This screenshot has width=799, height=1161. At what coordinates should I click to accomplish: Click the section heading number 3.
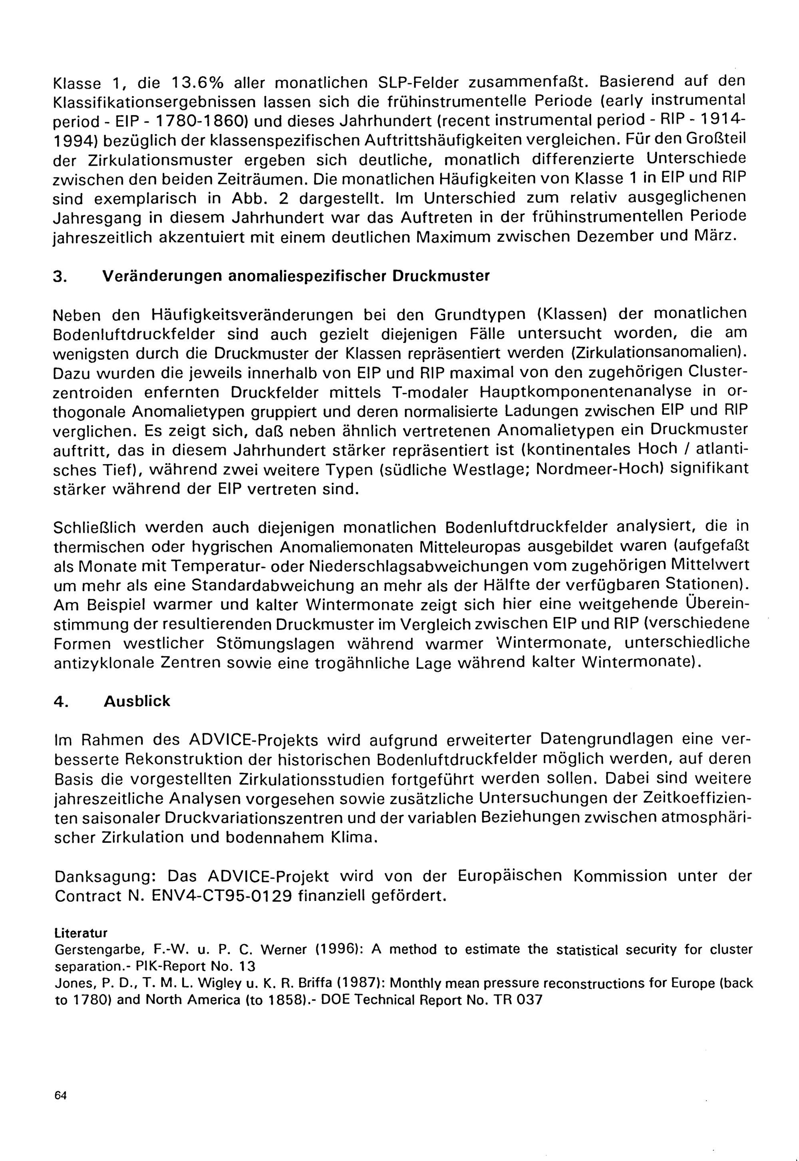click(x=59, y=277)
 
